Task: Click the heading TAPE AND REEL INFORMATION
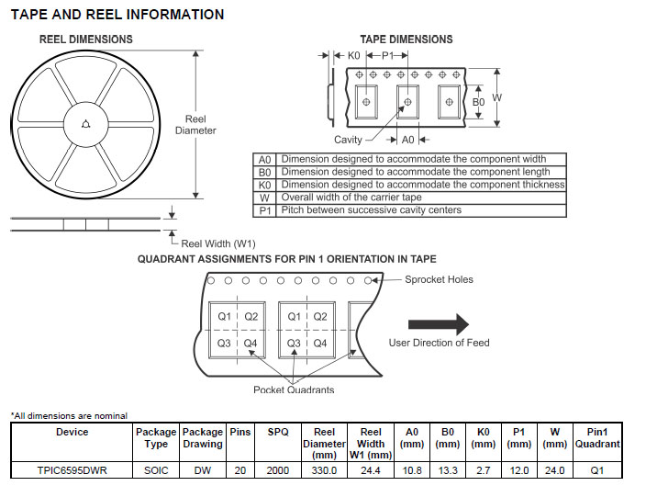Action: coord(117,15)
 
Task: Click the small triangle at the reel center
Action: coord(85,125)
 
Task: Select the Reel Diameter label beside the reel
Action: coord(195,125)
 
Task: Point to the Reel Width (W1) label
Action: coord(218,243)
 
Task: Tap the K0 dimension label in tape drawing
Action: coord(353,56)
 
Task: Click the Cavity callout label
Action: coord(348,140)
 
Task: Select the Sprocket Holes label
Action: coord(439,279)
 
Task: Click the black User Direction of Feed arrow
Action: coord(438,323)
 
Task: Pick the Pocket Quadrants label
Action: coord(294,390)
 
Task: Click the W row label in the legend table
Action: coord(264,198)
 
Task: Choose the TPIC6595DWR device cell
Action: coord(72,470)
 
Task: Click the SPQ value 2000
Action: coord(277,470)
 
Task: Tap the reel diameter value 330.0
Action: coord(325,470)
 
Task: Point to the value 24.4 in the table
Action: coord(371,470)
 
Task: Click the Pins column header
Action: coord(239,432)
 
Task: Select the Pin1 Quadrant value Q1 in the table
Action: coord(597,470)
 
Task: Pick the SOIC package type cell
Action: coord(156,470)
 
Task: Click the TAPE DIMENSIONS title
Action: coord(406,40)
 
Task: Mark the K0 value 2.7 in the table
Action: coord(483,470)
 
